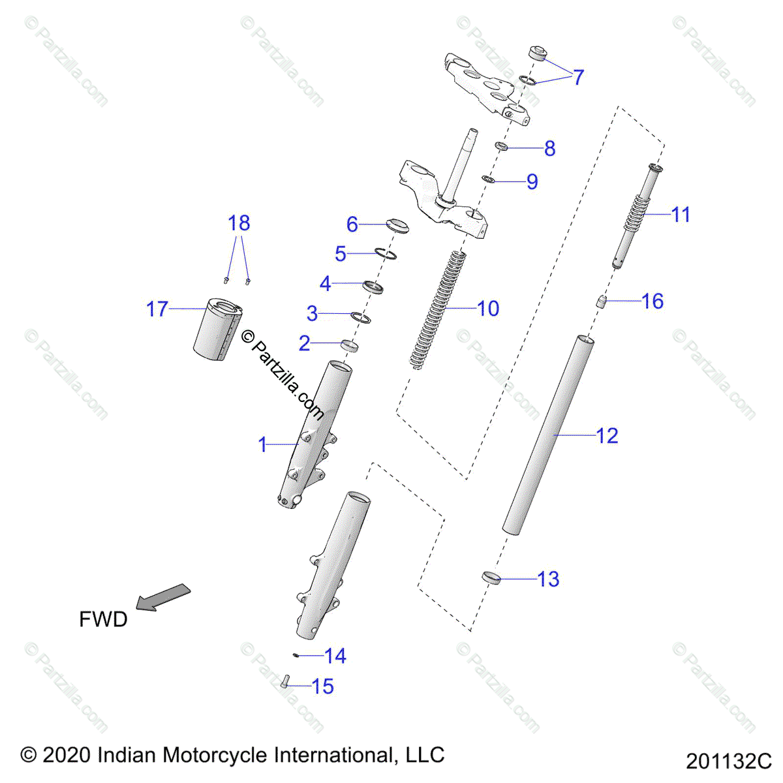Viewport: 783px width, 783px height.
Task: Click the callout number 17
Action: (x=157, y=309)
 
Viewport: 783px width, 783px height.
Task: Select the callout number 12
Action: (x=607, y=435)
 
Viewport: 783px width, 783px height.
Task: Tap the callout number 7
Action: (x=578, y=77)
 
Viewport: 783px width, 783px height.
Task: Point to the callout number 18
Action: (x=239, y=223)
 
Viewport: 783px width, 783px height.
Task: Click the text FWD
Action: (x=103, y=619)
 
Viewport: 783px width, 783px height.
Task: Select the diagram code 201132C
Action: (x=728, y=761)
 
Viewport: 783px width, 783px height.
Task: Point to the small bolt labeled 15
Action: (x=285, y=682)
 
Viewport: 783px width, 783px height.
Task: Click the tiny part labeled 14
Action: (x=296, y=654)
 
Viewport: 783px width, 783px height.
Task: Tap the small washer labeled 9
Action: (x=487, y=178)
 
